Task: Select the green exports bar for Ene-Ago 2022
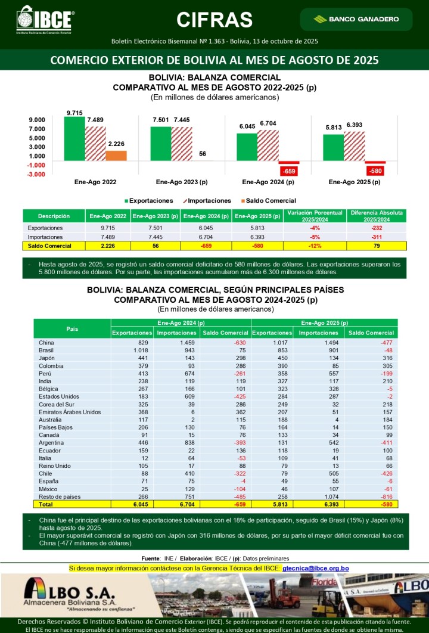74,138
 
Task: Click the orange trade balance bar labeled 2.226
116,156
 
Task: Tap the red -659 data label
288,171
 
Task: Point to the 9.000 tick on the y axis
36,120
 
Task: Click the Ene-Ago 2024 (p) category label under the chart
268,182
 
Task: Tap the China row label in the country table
46,343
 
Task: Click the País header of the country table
72,329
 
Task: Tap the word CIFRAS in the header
214,20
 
